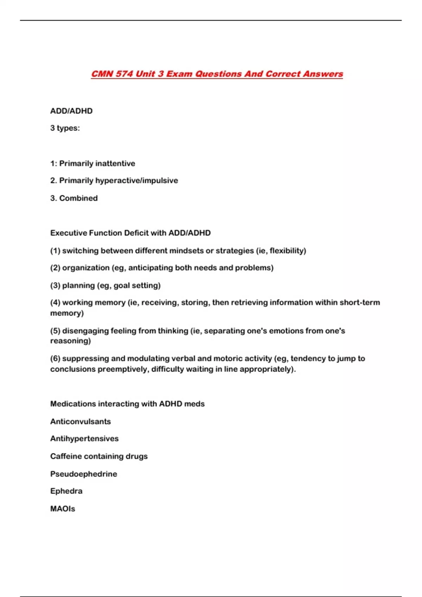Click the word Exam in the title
[x=179, y=74]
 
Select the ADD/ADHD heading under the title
[x=71, y=111]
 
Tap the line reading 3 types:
[x=65, y=128]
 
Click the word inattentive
[x=115, y=164]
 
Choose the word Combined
[x=78, y=198]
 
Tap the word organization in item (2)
[x=86, y=268]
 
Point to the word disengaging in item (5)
[x=85, y=331]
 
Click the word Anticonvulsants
[x=81, y=422]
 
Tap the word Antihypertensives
[x=84, y=439]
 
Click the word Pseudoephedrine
[x=84, y=474]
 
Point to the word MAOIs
[x=63, y=509]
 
